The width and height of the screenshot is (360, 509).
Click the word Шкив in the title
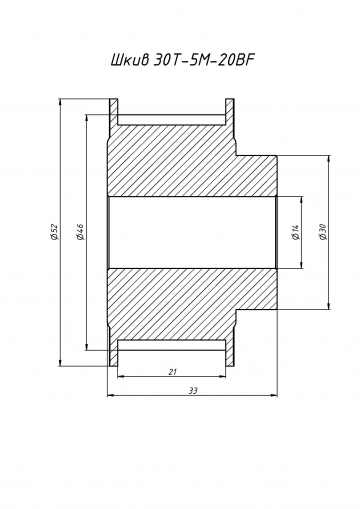[x=130, y=60]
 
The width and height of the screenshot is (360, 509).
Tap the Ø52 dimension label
[x=54, y=232]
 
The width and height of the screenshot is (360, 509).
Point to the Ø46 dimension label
[x=80, y=232]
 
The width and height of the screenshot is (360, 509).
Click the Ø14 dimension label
[x=296, y=232]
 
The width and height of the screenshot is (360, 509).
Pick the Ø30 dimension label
[x=322, y=232]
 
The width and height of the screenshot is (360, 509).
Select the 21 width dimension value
[x=172, y=372]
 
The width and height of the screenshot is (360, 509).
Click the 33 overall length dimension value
[x=193, y=390]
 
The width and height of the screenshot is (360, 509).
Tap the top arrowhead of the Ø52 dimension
[x=60, y=102]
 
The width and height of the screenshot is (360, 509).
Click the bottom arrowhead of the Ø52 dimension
[x=60, y=364]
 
